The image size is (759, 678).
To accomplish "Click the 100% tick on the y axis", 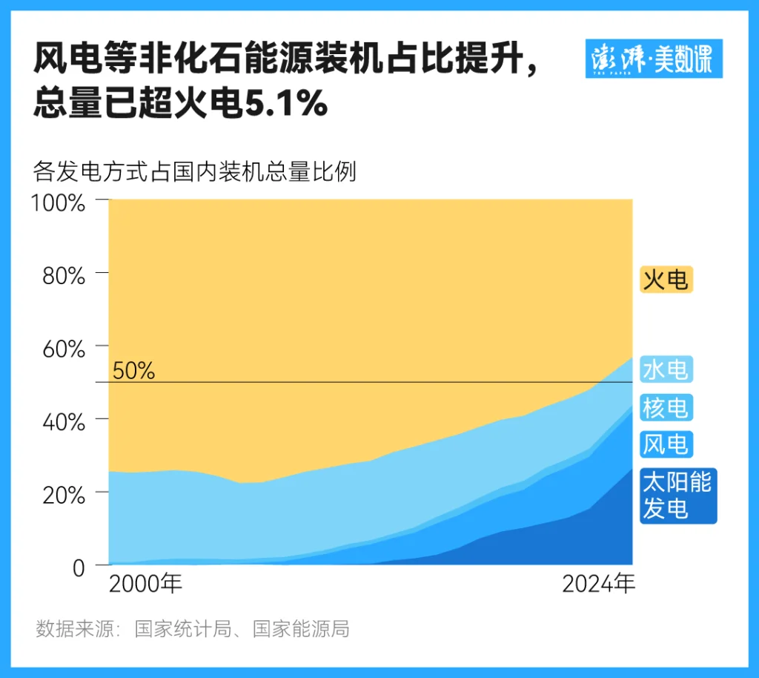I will pyautogui.click(x=59, y=203).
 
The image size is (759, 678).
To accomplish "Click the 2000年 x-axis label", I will pyautogui.click(x=145, y=585).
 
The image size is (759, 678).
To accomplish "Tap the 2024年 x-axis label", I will pyautogui.click(x=598, y=585).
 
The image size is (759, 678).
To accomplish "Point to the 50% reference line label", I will pyautogui.click(x=134, y=371).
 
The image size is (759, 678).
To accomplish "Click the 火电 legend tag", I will pyautogui.click(x=666, y=280).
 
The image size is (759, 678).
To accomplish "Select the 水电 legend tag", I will pyautogui.click(x=666, y=369).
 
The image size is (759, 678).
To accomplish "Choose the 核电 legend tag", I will pyautogui.click(x=666, y=407).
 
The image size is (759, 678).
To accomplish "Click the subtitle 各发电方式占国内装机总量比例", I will pyautogui.click(x=195, y=172).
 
